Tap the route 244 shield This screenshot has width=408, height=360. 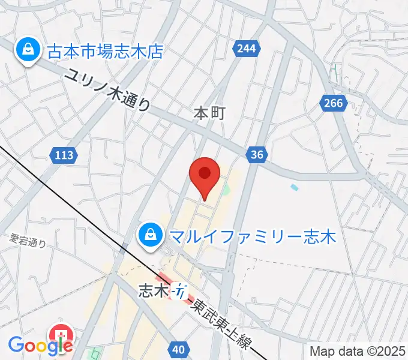point(248,49)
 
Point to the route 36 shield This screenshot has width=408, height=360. point(257,155)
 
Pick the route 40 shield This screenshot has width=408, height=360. point(178,349)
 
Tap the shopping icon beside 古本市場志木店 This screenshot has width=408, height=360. point(27,50)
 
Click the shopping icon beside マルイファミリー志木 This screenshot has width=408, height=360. point(148,235)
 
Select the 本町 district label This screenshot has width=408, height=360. point(209,113)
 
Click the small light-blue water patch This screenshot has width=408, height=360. point(294,187)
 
